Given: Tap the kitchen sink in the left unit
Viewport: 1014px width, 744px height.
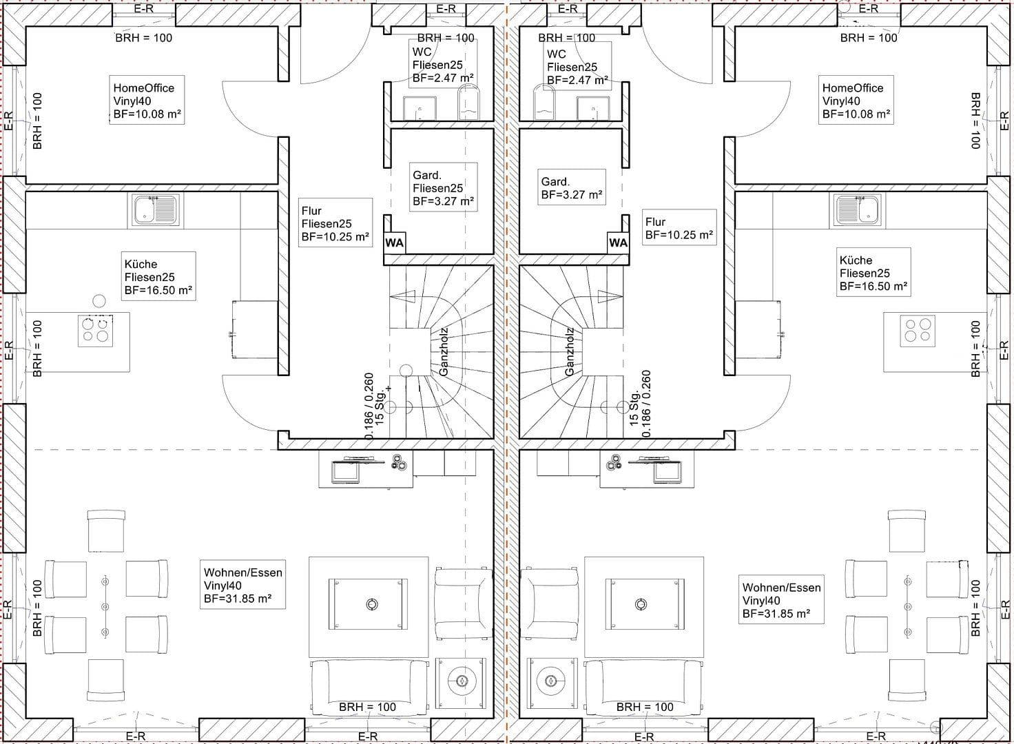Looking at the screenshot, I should pos(156,209).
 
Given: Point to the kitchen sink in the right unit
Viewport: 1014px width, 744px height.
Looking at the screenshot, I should pos(858,209).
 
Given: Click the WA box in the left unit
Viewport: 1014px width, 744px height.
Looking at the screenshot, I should pos(394,242).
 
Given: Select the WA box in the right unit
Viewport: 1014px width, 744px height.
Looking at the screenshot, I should pos(618,242).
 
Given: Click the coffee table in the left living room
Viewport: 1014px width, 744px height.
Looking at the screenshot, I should pos(369,605).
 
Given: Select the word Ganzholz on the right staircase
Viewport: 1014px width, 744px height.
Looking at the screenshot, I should pos(570,351).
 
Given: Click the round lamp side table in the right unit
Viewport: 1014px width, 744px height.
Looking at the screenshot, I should pos(550,681).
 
